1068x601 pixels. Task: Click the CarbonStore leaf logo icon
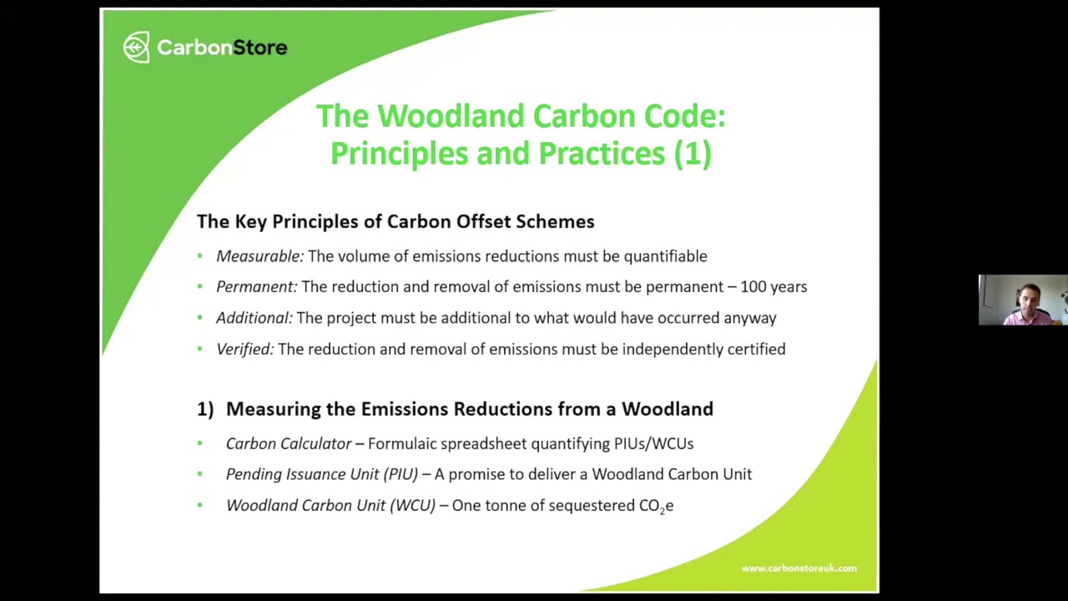[x=136, y=48]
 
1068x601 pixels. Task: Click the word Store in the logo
[x=259, y=48]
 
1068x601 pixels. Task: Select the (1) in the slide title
[x=693, y=154]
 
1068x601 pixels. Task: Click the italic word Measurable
[x=259, y=256]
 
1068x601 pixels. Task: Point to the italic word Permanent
[x=256, y=287]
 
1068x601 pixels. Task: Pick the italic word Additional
[x=254, y=318]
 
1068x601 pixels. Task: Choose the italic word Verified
[x=244, y=349]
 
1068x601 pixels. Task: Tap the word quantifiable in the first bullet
[x=665, y=256]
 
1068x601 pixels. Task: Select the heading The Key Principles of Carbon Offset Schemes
[x=395, y=221]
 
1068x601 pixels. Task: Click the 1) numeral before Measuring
[x=205, y=409]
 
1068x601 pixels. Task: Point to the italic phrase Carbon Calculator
[x=289, y=444]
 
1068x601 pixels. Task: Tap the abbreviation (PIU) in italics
[x=400, y=474]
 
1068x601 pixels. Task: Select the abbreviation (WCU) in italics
[x=412, y=506]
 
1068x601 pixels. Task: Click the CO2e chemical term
[x=656, y=506]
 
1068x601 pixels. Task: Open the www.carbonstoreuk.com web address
[x=798, y=568]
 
